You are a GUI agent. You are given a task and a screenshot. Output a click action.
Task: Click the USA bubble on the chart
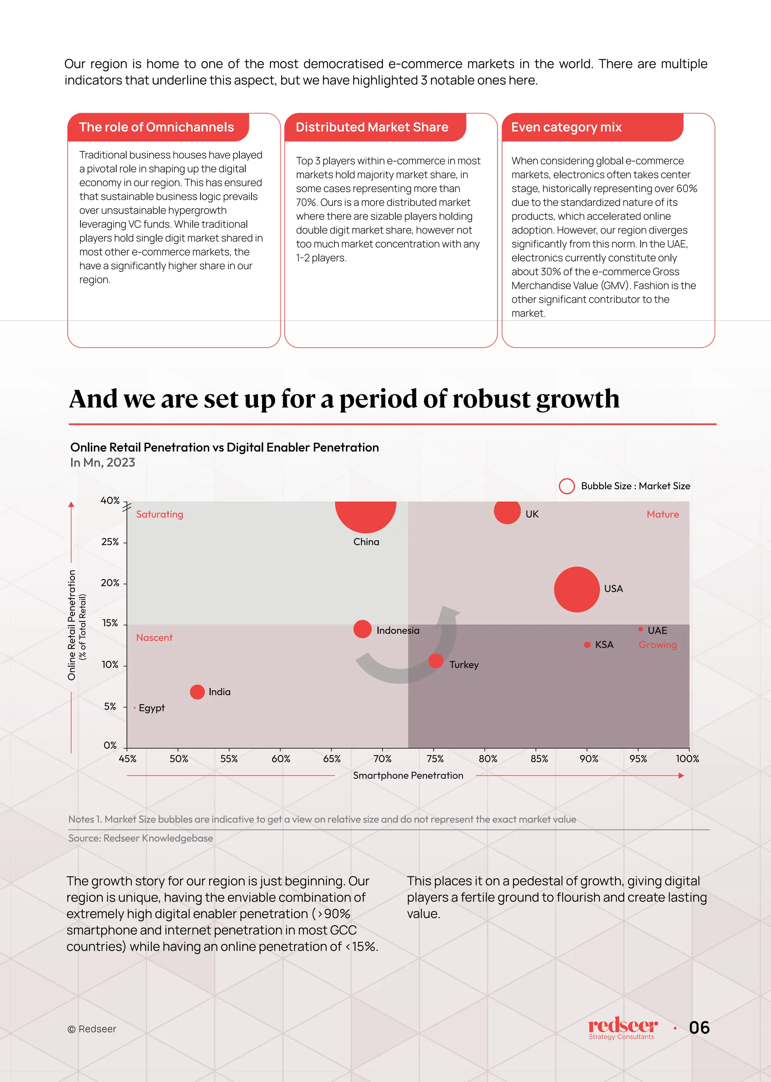(x=576, y=589)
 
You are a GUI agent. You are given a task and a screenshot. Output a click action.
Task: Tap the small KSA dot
(x=587, y=644)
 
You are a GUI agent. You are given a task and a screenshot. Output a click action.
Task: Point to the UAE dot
(x=640, y=629)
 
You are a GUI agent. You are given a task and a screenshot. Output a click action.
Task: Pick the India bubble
(x=197, y=692)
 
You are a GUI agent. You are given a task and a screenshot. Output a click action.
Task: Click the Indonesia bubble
(x=362, y=629)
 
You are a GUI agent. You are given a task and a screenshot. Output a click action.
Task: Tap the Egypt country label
(x=151, y=708)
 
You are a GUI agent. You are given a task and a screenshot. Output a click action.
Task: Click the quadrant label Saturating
(x=160, y=514)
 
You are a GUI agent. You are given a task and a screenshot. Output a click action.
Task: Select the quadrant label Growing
(x=658, y=645)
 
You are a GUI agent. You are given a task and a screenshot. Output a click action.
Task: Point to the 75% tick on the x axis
(x=435, y=759)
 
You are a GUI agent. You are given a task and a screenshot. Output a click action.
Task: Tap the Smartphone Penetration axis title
(x=408, y=776)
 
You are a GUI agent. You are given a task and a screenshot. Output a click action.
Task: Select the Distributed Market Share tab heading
(x=372, y=127)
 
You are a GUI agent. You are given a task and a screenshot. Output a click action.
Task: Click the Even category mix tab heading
(x=566, y=127)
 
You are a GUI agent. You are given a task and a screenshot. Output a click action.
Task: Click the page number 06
(x=699, y=1028)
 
